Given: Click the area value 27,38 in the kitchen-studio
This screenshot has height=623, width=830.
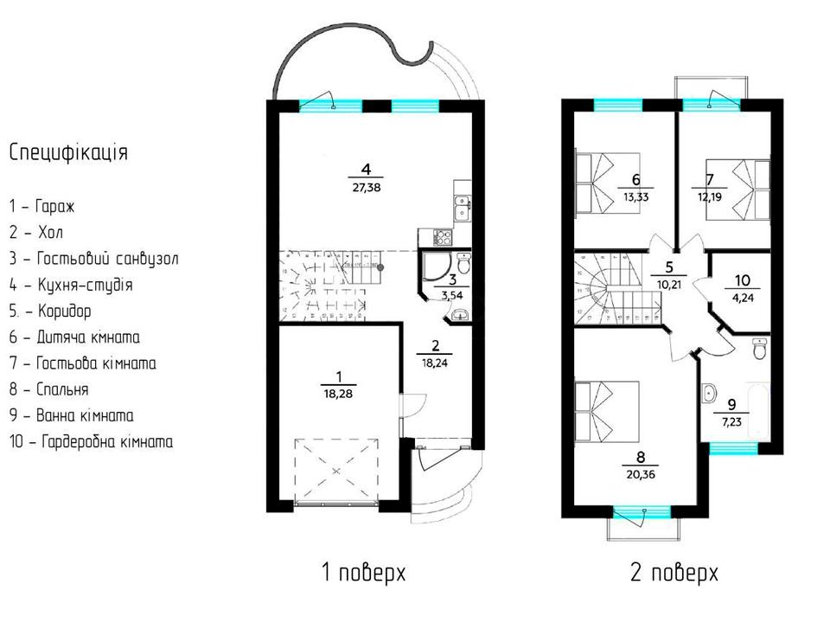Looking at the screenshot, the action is (x=367, y=188).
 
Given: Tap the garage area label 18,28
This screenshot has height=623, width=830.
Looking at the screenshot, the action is (x=338, y=395).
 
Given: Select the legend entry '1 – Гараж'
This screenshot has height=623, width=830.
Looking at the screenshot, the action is (x=41, y=206).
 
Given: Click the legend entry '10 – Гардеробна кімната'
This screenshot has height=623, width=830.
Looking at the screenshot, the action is (x=91, y=442).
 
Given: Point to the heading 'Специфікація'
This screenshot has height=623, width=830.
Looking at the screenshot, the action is (x=69, y=152).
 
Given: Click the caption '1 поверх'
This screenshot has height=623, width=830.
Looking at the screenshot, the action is (x=364, y=573).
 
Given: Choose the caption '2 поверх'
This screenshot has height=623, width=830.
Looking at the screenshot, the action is (x=674, y=573).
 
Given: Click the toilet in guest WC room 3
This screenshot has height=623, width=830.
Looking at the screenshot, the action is (x=463, y=263).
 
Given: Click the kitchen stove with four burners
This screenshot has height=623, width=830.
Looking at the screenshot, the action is (x=443, y=236).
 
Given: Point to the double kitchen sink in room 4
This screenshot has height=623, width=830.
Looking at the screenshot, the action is (x=463, y=207).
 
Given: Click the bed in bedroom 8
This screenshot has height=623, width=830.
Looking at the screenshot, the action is (x=607, y=412).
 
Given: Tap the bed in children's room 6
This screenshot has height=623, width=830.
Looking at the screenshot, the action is (x=607, y=183).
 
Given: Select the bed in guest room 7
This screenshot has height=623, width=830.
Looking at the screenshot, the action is (x=738, y=189).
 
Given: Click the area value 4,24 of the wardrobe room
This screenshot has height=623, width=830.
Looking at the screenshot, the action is (x=743, y=298).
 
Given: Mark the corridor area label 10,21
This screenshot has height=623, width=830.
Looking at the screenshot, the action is (x=669, y=285).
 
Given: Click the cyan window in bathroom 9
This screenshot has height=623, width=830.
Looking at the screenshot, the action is (x=733, y=449).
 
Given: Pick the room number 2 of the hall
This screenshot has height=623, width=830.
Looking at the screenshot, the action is (x=435, y=346).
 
